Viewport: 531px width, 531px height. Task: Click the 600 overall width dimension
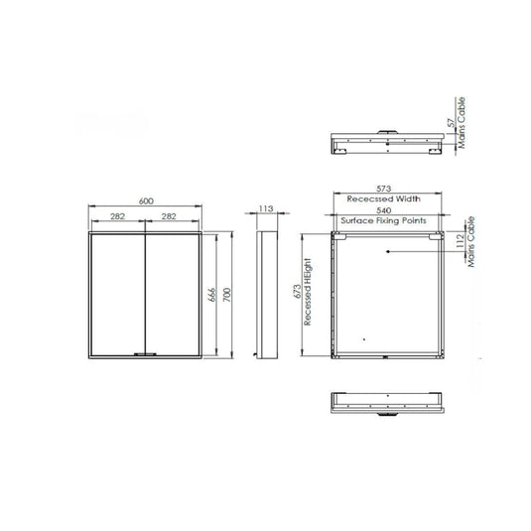(147, 201)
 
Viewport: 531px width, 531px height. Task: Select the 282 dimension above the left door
(118, 215)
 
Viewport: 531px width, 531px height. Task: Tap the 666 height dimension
(213, 295)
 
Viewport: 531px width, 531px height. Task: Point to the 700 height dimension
(227, 295)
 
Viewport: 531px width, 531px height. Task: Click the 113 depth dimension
(266, 209)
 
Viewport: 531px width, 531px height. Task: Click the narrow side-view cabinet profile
(266, 295)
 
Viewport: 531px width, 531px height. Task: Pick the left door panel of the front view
(119, 295)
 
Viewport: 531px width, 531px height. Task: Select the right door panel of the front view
(175, 295)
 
